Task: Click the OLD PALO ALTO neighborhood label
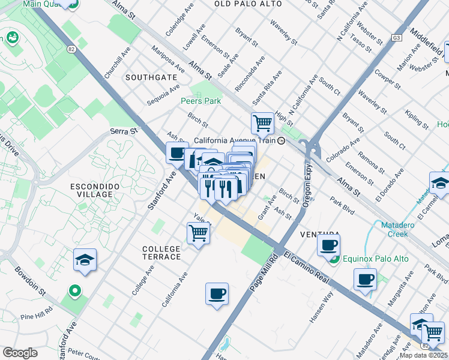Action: pos(244,4)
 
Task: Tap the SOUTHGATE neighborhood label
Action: pos(151,77)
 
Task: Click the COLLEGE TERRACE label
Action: pos(161,253)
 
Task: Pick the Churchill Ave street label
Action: pos(116,62)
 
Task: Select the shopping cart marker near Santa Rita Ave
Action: pos(262,124)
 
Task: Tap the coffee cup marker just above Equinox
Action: pos(328,245)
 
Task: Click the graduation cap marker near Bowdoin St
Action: pos(85,260)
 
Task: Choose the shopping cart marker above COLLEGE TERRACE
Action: pos(198,232)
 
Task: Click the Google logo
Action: pos(20,353)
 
